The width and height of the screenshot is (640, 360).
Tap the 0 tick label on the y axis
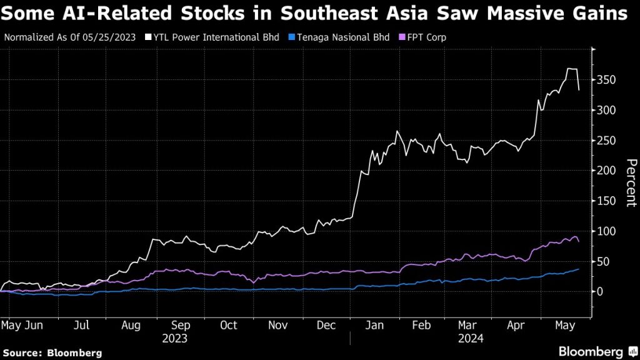[601, 292]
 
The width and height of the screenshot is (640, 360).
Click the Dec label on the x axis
[326, 325]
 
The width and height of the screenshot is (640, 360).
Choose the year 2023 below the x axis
[175, 338]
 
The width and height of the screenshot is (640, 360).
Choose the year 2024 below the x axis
[471, 338]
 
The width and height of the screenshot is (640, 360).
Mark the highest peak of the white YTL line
[571, 69]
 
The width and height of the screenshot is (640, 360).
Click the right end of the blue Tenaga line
[578, 269]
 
